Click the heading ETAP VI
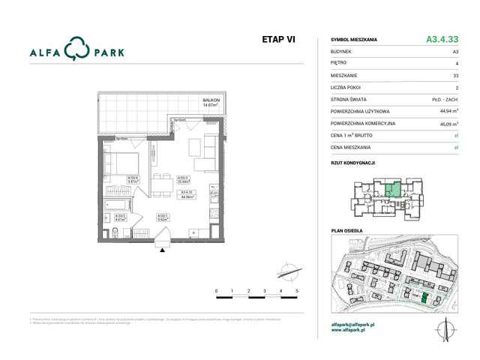278,40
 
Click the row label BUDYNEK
343,51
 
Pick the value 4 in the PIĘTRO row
457,64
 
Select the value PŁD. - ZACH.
445,100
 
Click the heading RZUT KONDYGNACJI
352,163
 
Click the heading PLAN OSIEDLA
346,231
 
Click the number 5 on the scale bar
297,289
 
